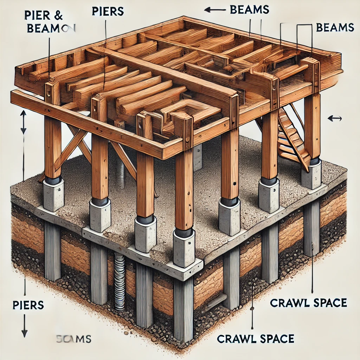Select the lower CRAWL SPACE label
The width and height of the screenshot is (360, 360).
(255, 339)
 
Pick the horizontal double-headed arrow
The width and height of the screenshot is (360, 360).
(334, 118)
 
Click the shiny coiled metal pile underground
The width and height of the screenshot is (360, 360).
(120, 281)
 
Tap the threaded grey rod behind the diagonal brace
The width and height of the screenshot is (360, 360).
(121, 174)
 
